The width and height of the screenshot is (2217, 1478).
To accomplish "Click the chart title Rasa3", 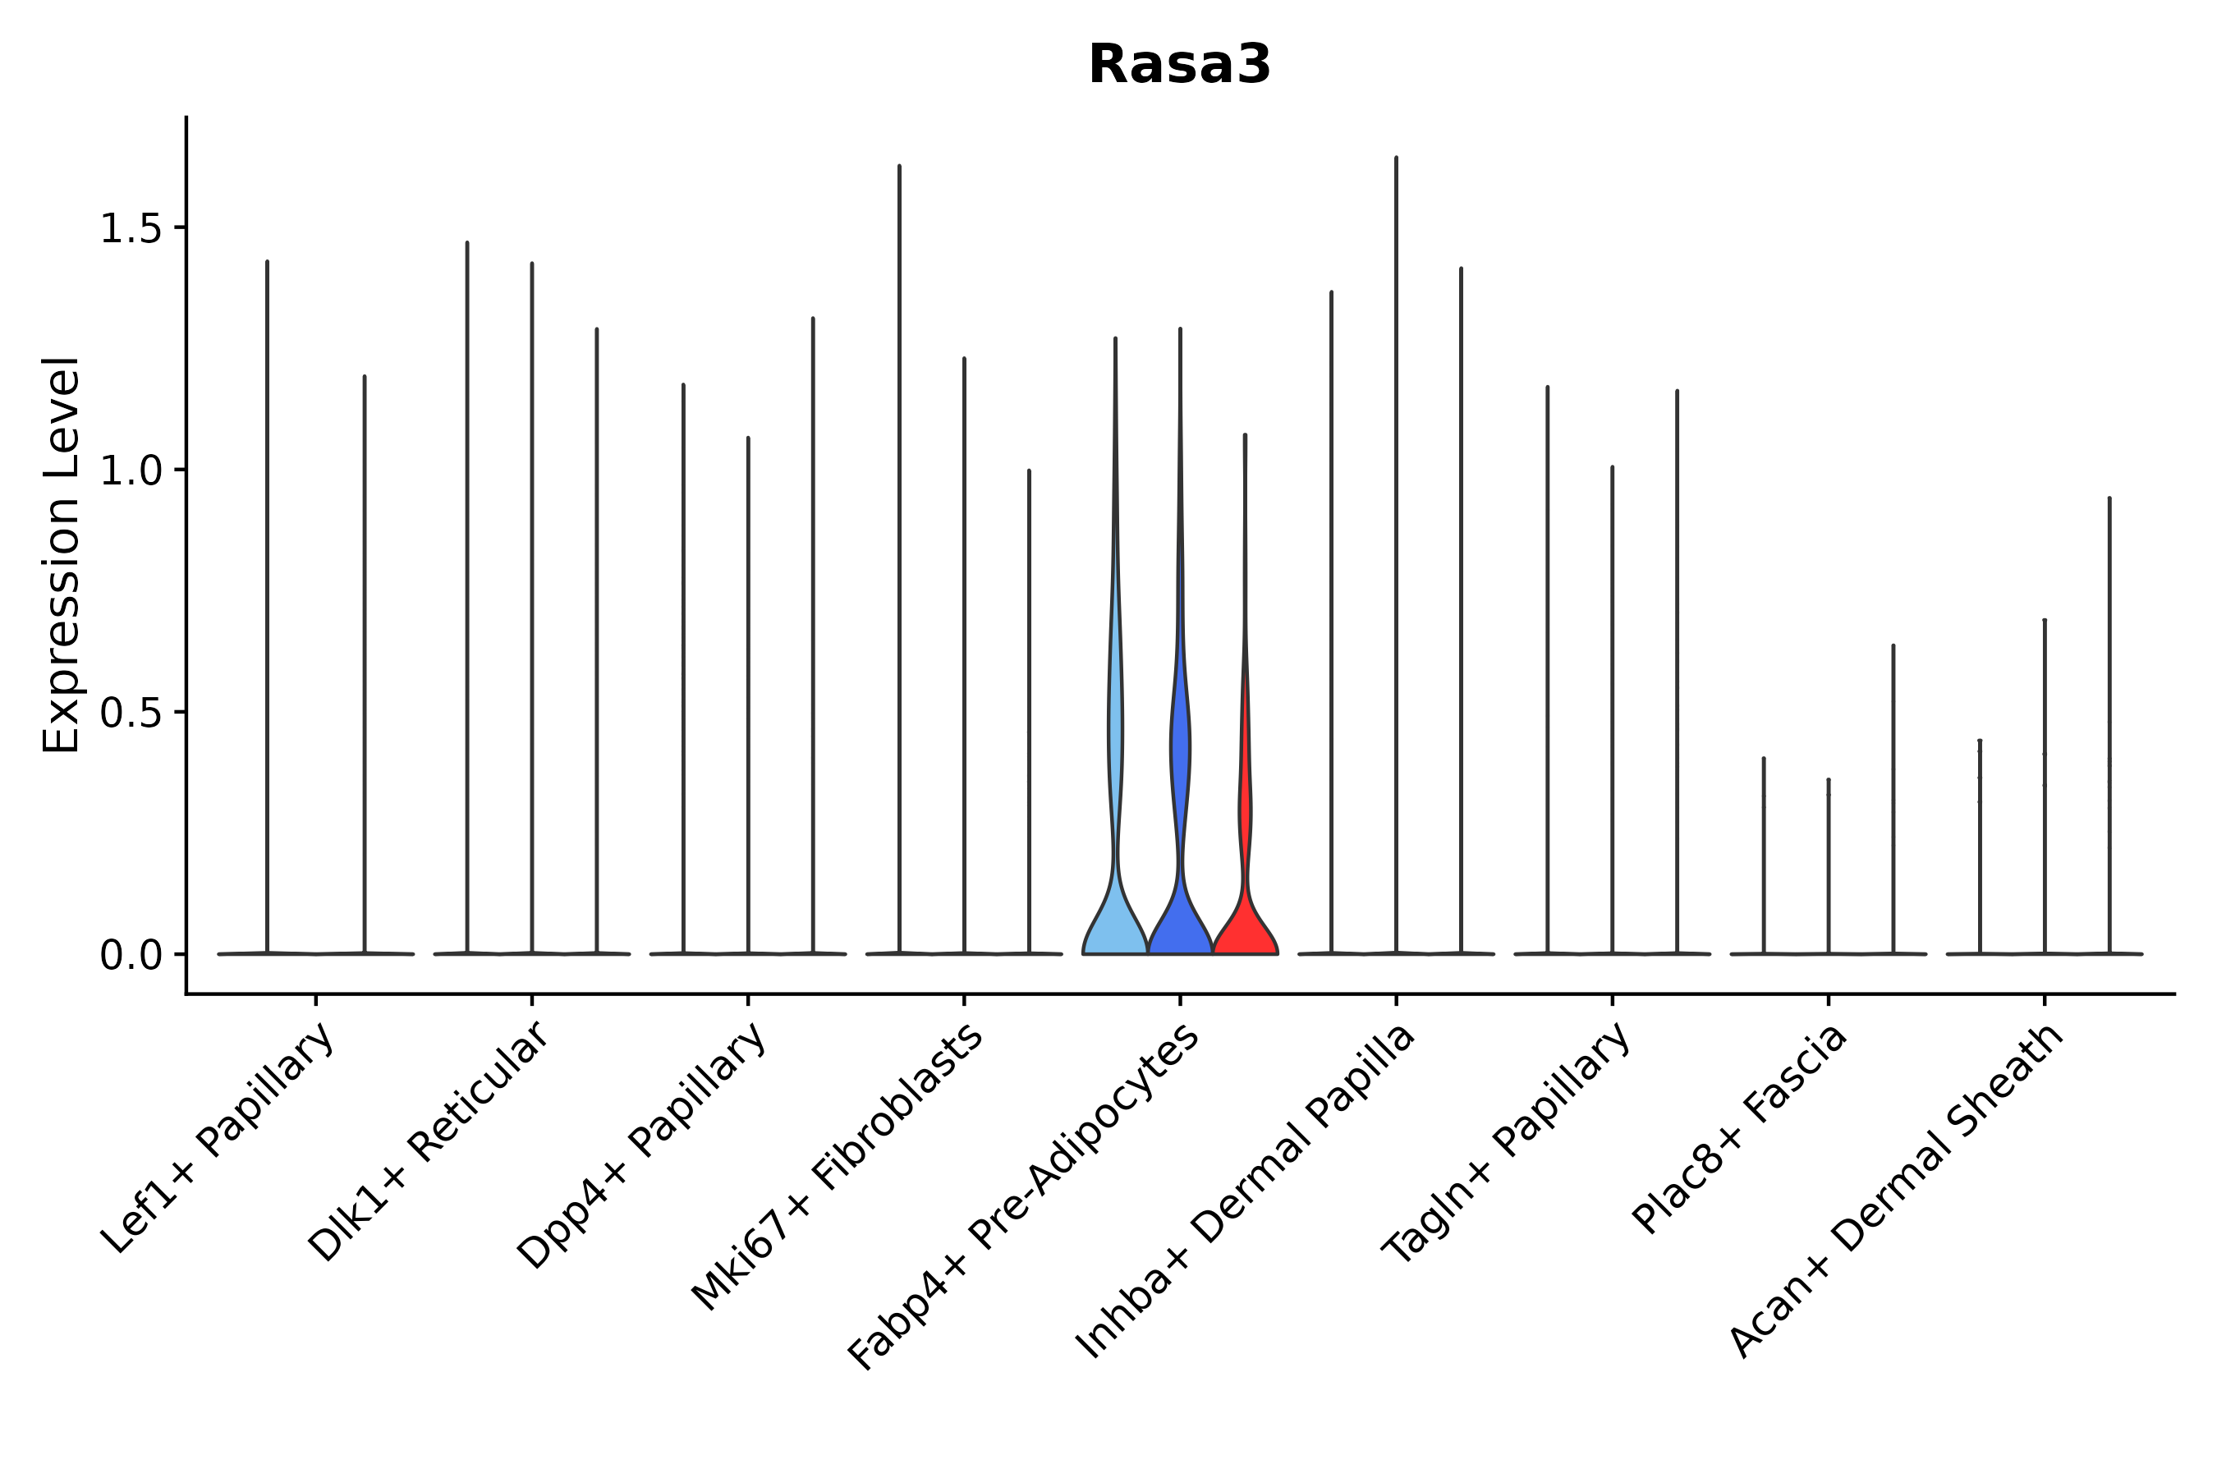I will [x=1179, y=65].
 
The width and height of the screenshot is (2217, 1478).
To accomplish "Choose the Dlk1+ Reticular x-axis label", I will [x=429, y=1142].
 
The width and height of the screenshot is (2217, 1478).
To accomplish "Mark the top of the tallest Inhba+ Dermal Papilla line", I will [x=1396, y=158].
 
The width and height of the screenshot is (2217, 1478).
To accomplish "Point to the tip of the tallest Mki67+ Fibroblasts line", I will [x=899, y=167].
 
